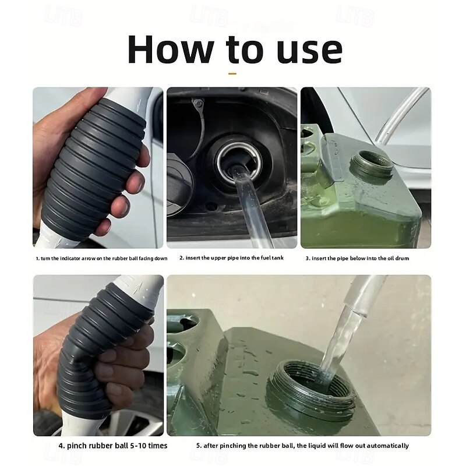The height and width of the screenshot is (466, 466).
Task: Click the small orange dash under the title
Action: click(232, 73)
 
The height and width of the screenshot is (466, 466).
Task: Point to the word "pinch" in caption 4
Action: click(76, 446)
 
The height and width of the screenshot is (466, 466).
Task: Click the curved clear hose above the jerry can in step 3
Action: click(398, 116)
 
